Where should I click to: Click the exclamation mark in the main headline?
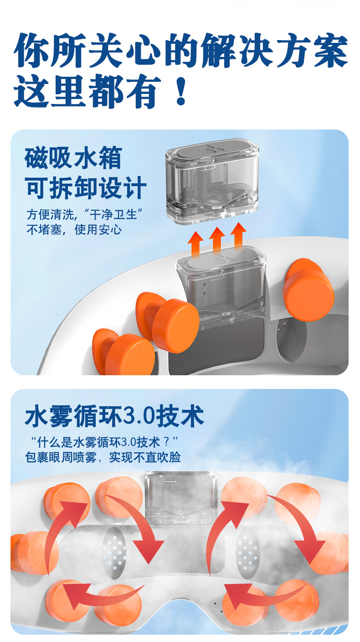click(x=181, y=92)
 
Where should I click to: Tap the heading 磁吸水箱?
click(x=74, y=158)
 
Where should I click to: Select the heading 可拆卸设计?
click(x=86, y=188)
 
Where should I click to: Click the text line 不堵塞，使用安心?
click(x=74, y=229)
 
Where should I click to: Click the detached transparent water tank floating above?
click(x=212, y=181)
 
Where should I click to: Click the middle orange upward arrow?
click(x=217, y=241)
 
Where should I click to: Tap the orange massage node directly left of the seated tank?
click(x=168, y=321)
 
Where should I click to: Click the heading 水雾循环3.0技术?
click(x=114, y=416)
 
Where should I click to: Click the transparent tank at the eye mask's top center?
click(x=181, y=497)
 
